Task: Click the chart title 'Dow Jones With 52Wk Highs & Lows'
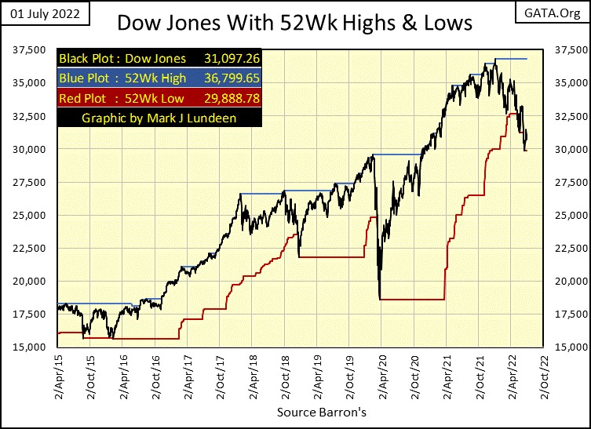[294, 22]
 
